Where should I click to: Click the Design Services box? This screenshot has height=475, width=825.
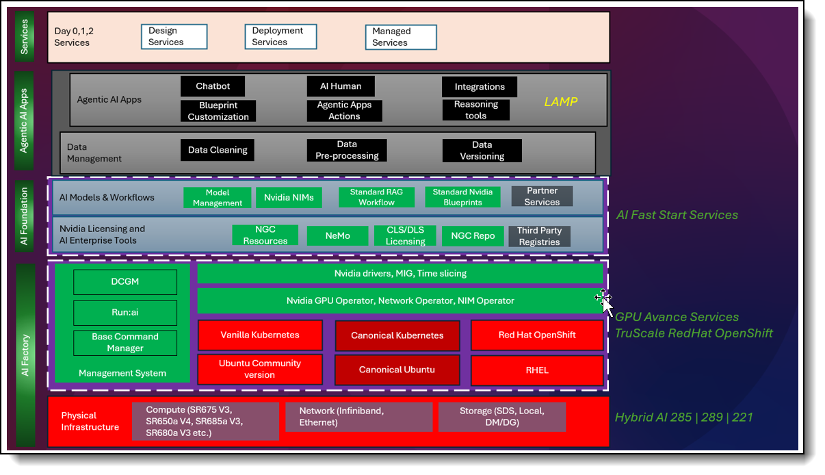point(174,36)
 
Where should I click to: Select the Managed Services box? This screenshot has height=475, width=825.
point(400,37)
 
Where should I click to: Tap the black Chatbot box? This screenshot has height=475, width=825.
point(212,86)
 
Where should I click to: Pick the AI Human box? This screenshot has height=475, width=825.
point(341,86)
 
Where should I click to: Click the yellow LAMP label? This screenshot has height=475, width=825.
point(561,102)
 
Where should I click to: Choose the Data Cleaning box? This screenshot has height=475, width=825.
point(218,150)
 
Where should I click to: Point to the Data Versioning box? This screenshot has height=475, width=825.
point(482,151)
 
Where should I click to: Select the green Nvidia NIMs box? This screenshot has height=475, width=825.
point(289,197)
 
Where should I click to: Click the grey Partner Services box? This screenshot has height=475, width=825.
point(542,196)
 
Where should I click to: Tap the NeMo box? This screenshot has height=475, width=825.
point(337,235)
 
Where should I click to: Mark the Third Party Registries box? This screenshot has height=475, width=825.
point(539,236)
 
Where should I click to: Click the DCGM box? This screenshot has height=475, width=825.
point(125,282)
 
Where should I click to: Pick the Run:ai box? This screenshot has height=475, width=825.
point(125,312)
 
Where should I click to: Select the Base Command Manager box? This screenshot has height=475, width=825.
point(125,342)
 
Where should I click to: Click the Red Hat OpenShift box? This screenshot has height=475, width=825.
point(537,335)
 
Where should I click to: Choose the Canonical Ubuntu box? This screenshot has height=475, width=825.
point(397,370)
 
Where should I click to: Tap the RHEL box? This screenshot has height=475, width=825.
point(537,370)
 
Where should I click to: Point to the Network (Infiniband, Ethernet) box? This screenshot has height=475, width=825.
point(366,417)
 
